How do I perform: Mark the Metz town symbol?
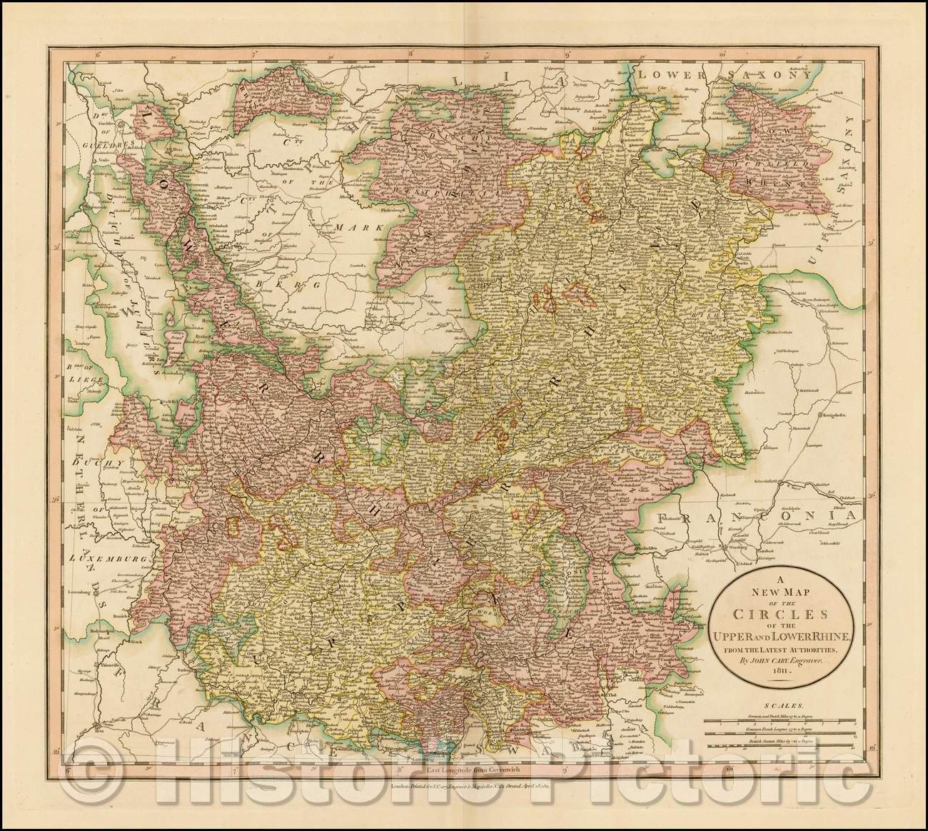click(95, 728)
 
